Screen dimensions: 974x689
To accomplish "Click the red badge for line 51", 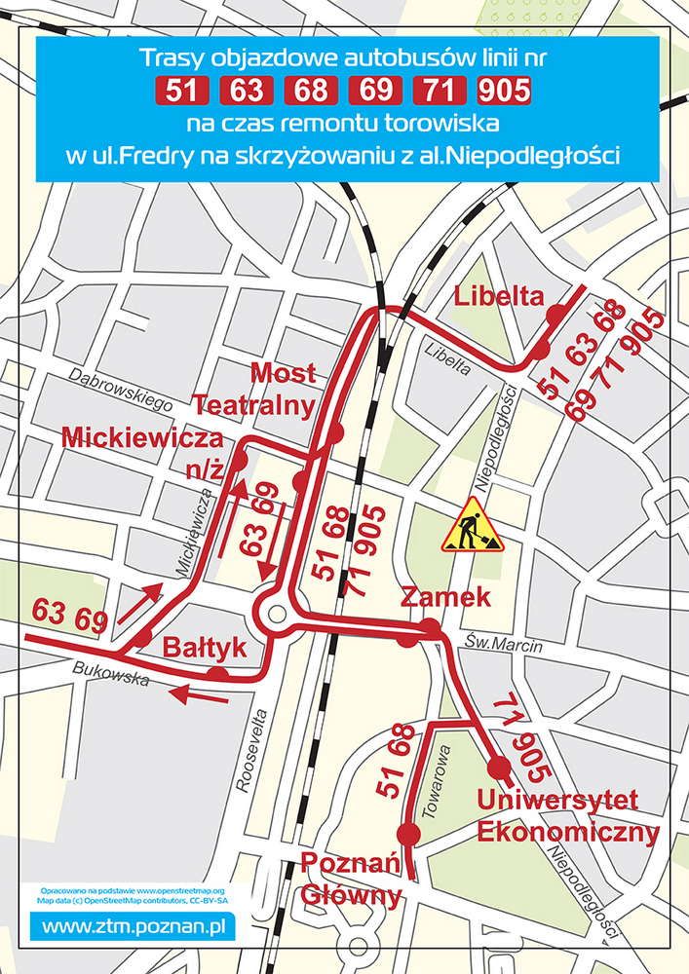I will (182, 92).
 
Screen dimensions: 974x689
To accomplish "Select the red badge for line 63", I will (248, 92).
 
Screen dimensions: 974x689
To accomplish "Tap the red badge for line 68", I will (311, 92).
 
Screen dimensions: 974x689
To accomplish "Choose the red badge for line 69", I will (375, 92).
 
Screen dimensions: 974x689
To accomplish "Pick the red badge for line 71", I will (440, 92).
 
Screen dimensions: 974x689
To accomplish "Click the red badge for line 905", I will (505, 92).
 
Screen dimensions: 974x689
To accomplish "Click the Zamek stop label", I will (445, 597).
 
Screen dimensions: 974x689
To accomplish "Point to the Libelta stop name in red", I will (499, 296).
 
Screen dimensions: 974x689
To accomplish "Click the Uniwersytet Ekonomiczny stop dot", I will (499, 768).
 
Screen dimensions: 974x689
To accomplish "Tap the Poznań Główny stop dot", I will (408, 833).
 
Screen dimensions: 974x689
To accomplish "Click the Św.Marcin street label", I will (496, 643).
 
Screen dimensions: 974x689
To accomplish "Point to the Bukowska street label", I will (110, 674).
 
